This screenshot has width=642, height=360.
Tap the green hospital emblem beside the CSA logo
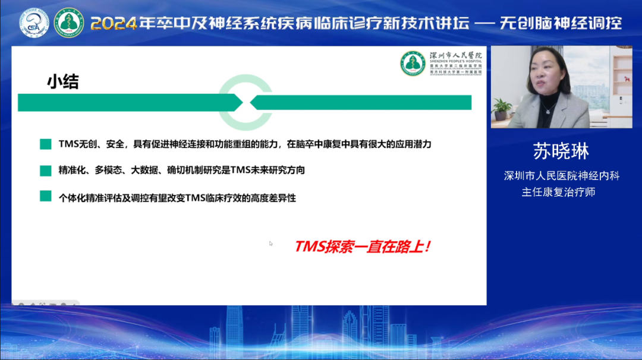point(69,23)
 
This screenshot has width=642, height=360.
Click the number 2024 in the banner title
point(113,24)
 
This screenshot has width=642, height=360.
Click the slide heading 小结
point(63,82)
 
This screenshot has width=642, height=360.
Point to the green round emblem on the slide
point(413,63)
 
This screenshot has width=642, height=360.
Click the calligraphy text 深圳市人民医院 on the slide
point(455,55)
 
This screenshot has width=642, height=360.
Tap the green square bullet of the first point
point(46,144)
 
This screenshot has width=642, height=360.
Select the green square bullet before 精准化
point(46,170)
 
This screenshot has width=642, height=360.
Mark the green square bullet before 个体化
point(46,196)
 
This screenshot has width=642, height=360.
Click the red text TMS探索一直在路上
point(362,247)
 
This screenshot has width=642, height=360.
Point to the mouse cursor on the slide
point(271,243)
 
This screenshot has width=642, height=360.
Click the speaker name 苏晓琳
point(561,151)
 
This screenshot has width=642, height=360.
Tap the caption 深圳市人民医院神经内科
point(561,176)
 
